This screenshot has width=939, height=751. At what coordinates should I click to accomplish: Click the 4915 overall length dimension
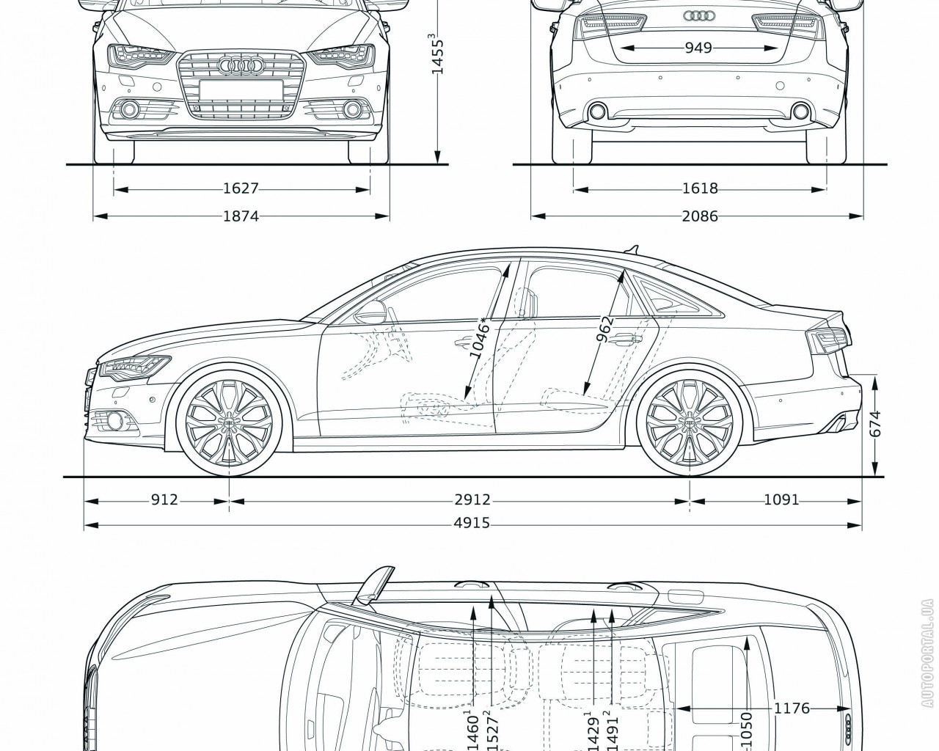(x=472, y=524)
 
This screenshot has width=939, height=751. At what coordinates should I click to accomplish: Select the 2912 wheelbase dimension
(x=472, y=500)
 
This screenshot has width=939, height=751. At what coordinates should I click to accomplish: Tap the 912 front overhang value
(x=164, y=500)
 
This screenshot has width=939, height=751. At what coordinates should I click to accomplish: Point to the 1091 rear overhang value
(x=781, y=500)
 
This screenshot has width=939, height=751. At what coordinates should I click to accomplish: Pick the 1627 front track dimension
(x=241, y=189)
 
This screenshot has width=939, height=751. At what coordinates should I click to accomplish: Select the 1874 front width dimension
(x=241, y=216)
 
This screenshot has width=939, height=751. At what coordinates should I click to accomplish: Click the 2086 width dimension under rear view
(x=698, y=216)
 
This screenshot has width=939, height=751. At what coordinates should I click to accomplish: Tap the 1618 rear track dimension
(x=698, y=189)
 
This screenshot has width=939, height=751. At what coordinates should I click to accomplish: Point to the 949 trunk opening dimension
(x=698, y=48)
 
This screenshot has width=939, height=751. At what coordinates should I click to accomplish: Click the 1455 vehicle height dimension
(x=437, y=53)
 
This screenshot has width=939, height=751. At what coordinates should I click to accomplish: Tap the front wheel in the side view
(x=229, y=424)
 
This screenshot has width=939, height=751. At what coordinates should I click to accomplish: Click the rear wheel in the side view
(x=690, y=424)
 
